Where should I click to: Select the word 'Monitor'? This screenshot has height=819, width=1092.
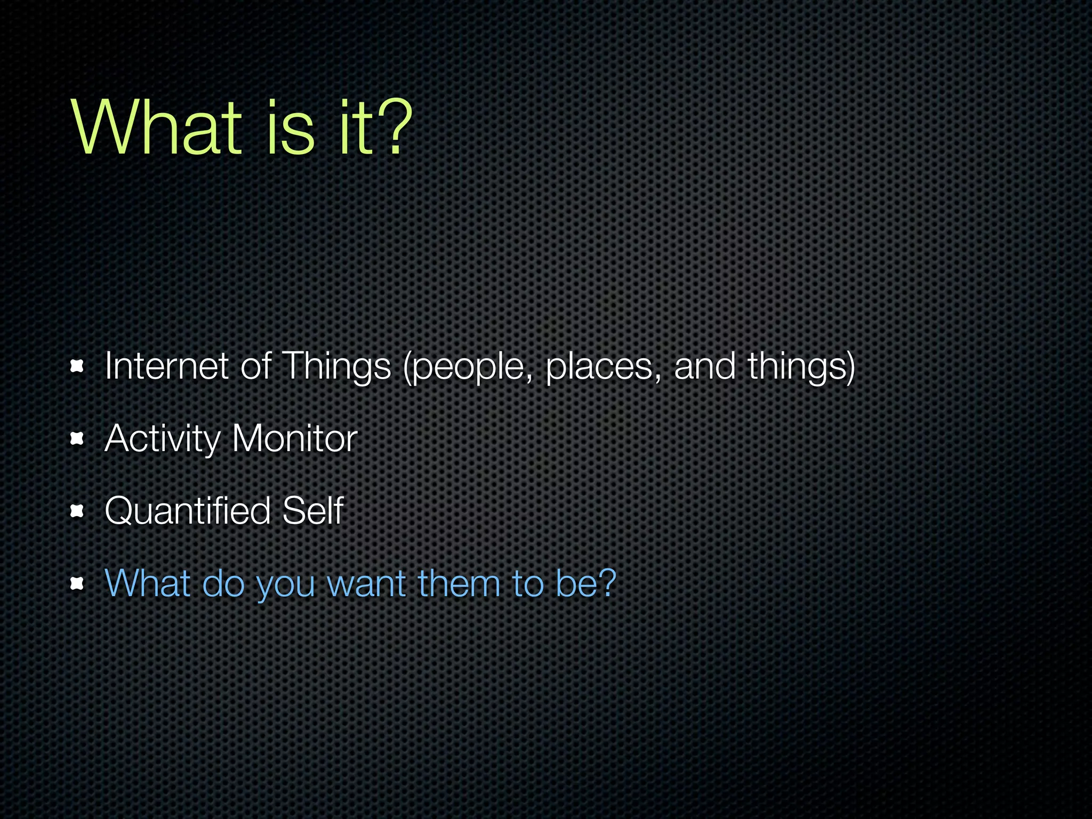[294, 439]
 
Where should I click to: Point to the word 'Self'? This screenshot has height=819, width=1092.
[312, 511]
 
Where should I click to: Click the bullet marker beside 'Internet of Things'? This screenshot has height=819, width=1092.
[77, 366]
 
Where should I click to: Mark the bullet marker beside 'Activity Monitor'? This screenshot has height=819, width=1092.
[77, 439]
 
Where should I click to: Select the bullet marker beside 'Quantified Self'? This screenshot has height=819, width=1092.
[77, 511]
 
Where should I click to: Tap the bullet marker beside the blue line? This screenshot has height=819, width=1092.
[77, 584]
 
